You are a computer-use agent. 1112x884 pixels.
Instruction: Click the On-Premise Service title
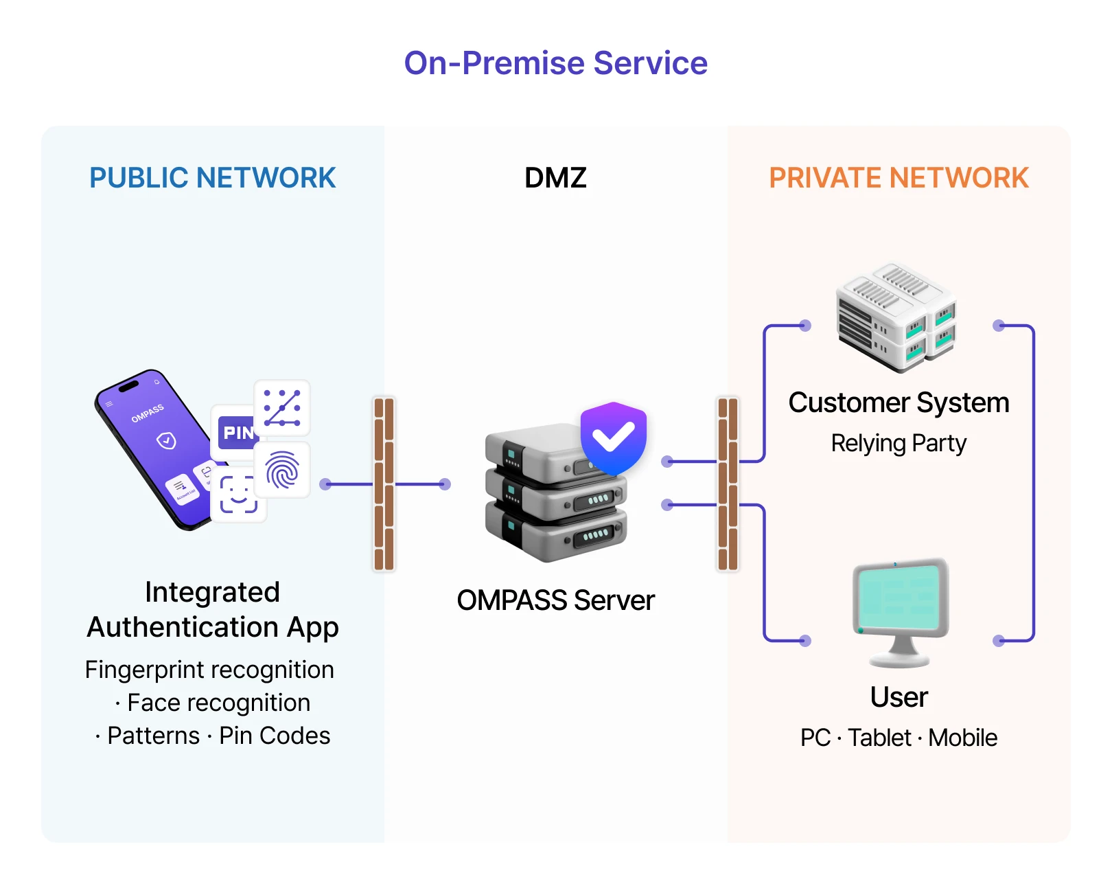tap(555, 63)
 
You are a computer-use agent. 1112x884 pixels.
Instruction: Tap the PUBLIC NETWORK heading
tap(212, 178)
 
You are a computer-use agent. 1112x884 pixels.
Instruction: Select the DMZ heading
tap(555, 178)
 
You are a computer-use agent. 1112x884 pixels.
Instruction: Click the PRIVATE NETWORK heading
tap(899, 178)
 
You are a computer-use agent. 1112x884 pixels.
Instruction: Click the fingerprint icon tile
tap(282, 471)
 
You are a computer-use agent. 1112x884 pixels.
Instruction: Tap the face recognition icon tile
tap(238, 495)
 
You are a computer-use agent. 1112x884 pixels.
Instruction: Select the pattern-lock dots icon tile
tap(282, 407)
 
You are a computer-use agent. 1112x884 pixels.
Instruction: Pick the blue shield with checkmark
tap(613, 438)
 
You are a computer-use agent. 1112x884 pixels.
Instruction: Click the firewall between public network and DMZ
tap(384, 484)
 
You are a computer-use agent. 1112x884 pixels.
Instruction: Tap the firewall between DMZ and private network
tap(728, 484)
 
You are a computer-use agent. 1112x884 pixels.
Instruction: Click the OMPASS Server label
tap(555, 600)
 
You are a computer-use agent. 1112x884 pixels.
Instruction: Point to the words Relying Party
tap(899, 444)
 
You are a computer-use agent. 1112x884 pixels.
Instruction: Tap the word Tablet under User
tap(879, 738)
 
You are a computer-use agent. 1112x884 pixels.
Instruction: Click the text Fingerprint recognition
tap(209, 670)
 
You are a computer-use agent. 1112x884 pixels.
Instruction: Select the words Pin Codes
tap(275, 736)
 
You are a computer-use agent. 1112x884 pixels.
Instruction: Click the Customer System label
tap(899, 403)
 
